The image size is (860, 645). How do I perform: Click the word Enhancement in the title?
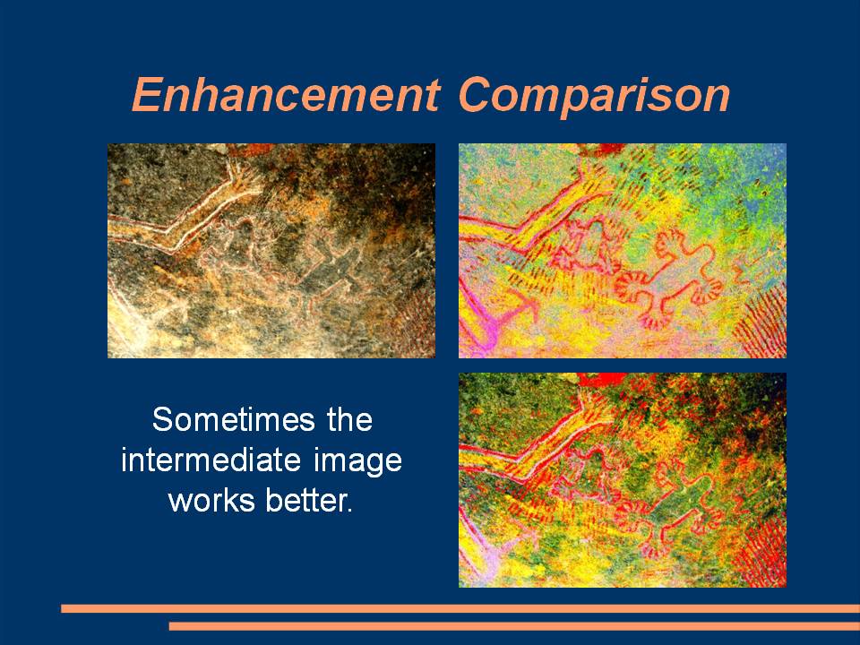pos(286,94)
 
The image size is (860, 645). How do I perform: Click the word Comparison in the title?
pos(594,97)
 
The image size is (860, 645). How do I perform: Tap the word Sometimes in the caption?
pos(234,419)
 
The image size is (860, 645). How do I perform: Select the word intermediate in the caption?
pos(211,460)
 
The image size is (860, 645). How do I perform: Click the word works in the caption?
pos(211,500)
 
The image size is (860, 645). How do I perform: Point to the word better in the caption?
pos(308,500)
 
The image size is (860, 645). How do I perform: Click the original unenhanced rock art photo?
pos(271,251)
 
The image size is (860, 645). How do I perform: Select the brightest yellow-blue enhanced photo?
pos(623,251)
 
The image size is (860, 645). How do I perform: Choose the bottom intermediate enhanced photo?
pos(623,480)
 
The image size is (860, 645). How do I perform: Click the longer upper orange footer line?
pos(460,608)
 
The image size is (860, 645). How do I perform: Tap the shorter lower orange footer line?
pos(514,626)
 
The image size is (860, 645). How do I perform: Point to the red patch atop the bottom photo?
pos(600,379)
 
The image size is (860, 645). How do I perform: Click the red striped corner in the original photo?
pos(416,329)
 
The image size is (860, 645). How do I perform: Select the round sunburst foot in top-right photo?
pos(631,286)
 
